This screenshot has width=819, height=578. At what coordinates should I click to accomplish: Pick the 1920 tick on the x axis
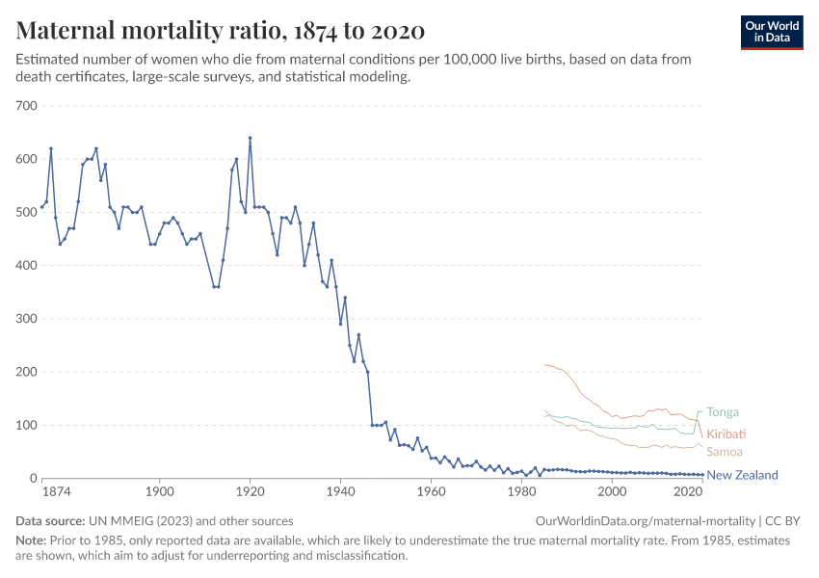(250, 492)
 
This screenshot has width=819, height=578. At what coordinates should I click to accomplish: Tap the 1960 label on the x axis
(431, 492)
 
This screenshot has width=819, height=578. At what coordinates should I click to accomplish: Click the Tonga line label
(723, 411)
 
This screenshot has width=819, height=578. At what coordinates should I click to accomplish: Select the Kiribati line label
(727, 433)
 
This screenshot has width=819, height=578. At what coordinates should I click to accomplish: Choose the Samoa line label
(725, 452)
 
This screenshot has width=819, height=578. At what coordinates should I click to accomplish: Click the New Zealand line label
(742, 475)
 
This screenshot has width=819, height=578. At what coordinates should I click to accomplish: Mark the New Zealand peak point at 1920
(250, 138)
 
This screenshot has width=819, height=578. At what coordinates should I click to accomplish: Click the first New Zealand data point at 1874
(41, 207)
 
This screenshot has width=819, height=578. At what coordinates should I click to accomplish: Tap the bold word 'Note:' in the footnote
(33, 540)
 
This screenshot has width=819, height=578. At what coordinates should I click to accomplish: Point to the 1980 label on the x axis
(521, 492)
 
